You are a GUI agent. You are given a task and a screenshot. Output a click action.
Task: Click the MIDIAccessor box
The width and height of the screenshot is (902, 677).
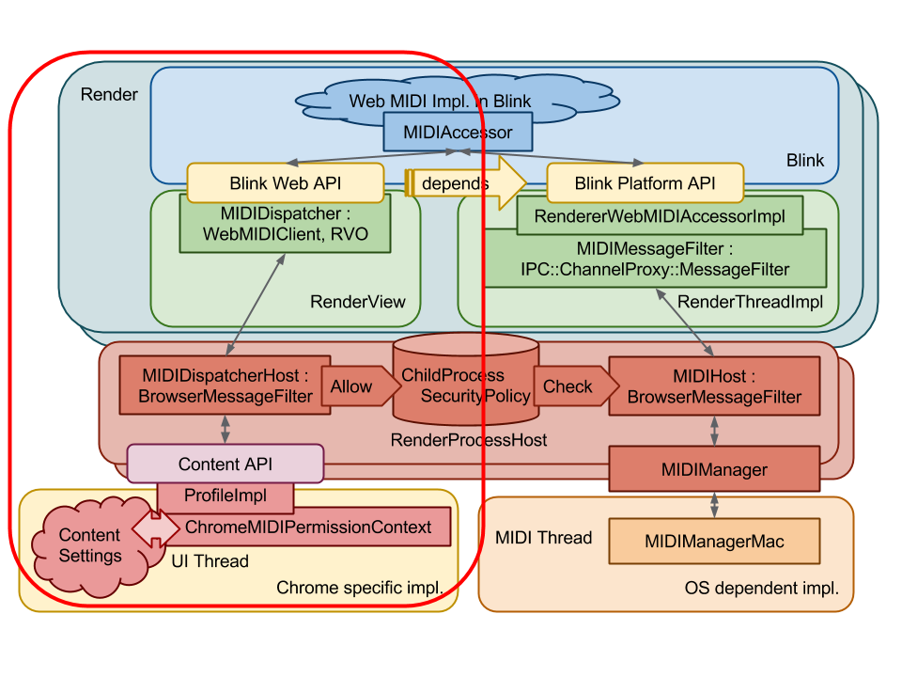[458, 132]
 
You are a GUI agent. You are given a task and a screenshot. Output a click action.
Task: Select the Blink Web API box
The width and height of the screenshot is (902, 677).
[286, 183]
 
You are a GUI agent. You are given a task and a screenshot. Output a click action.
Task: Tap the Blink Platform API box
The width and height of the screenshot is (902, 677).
[645, 183]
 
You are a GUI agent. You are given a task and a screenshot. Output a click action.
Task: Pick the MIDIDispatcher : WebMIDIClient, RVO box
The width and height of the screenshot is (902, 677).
[286, 225]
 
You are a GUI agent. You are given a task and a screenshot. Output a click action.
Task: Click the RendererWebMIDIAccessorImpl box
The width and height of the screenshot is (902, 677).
[659, 216]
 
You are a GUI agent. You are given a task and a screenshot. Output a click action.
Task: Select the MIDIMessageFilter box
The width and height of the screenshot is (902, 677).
[655, 260]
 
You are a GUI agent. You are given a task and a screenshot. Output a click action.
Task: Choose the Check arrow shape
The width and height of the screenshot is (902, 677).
[569, 386]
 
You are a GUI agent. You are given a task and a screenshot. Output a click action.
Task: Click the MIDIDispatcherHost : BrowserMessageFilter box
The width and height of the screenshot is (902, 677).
[225, 386]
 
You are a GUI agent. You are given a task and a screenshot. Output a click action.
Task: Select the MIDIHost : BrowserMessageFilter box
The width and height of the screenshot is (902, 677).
[714, 386]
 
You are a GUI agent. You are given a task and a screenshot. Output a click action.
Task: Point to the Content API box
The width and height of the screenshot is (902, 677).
[225, 464]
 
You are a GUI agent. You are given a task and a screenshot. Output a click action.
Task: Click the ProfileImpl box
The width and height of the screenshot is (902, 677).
[225, 496]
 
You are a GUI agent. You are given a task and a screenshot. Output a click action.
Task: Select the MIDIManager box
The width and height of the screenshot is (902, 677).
[714, 469]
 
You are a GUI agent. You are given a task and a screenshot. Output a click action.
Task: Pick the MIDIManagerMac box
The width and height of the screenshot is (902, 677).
[714, 542]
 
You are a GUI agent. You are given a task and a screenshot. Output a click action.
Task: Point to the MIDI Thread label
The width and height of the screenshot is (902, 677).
[543, 538]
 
